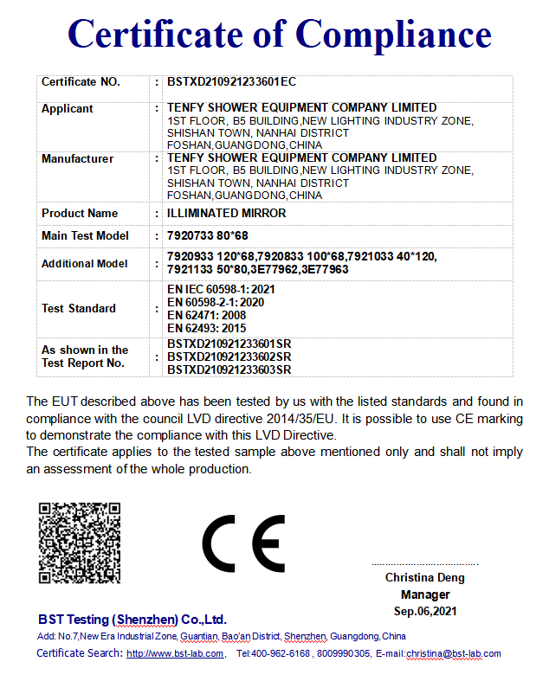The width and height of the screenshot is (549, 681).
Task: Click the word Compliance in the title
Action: pos(394,35)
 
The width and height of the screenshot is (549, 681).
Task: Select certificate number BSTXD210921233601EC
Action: pos(231,82)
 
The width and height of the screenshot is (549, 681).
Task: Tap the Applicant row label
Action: pos(68,109)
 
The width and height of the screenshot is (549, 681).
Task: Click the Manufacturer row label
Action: pos(77,158)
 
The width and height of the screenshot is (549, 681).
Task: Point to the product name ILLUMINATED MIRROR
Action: pos(226,213)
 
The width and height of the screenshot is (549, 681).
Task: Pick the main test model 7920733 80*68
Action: pos(208,235)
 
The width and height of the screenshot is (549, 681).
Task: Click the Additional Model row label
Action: pos(85,263)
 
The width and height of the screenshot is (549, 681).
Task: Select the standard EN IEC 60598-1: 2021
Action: pos(221,289)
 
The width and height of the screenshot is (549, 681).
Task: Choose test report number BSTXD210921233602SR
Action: pos(229,357)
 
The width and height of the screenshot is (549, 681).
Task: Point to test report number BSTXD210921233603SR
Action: pos(229,369)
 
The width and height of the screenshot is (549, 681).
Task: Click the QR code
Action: pos(79,543)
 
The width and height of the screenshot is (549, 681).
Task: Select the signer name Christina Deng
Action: pos(424,577)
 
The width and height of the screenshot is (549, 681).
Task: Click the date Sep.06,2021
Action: pos(424,611)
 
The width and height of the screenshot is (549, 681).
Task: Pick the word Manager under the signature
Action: pos(424,594)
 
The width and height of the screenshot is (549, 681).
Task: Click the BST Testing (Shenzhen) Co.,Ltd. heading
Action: pos(132,620)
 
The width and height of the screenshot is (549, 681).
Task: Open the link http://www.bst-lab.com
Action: pos(175,653)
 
